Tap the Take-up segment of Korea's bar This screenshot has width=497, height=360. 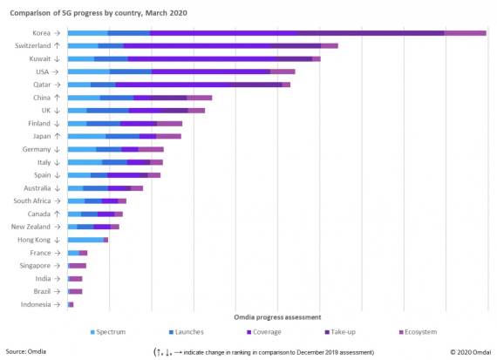point(371,33)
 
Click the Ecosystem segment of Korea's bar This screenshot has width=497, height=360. point(465,33)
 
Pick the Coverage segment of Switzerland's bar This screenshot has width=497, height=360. point(221,45)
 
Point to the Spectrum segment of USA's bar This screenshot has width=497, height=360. point(88,71)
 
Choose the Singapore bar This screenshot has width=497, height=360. point(78,265)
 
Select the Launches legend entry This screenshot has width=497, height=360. point(187,332)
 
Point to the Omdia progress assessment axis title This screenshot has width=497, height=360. point(277,316)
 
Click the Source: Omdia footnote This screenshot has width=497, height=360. point(26,351)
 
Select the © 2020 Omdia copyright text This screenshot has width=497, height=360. point(470,351)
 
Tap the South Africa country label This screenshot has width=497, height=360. point(36,200)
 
